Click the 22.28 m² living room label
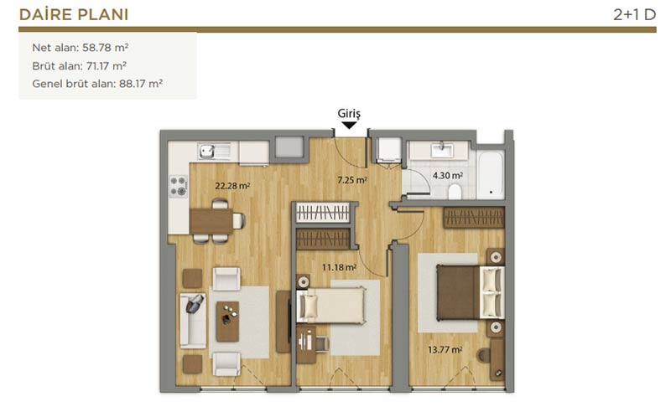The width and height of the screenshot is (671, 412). [232, 186]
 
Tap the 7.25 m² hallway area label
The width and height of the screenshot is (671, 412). [351, 180]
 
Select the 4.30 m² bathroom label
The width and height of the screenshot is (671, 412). [448, 175]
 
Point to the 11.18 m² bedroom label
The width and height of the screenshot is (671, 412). [339, 267]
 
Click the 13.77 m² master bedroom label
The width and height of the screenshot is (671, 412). [445, 349]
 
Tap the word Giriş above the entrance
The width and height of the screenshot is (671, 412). [349, 114]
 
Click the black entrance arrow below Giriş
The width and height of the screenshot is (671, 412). [349, 126]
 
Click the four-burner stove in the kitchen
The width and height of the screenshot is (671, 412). [179, 187]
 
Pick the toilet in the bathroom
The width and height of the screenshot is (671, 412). [455, 192]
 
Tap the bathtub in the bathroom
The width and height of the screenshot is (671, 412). [491, 175]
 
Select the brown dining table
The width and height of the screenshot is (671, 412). [211, 221]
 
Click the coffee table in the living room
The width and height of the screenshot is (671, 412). [227, 322]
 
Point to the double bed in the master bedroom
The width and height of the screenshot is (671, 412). [471, 293]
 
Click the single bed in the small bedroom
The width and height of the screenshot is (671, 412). [331, 305]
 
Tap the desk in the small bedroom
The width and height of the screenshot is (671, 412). [306, 345]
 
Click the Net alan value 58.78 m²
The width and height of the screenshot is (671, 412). [106, 48]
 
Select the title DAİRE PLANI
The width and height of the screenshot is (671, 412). [74, 14]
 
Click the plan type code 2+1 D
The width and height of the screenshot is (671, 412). [635, 15]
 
